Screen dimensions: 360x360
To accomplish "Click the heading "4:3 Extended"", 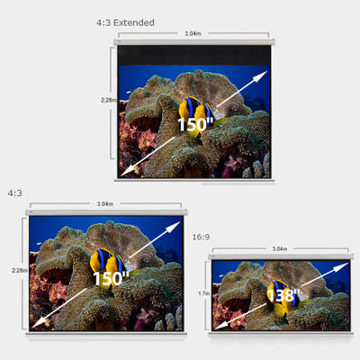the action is pos(125,22).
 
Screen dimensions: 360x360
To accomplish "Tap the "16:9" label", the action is pos(201,237).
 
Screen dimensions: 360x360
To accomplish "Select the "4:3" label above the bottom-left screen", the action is pos(15,193).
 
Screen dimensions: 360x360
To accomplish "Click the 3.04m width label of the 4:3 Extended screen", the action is pos(193,33).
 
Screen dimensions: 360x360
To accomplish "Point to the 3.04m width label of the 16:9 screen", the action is pos(280,248).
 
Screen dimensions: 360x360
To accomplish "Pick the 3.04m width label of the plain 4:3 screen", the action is pos(105,204).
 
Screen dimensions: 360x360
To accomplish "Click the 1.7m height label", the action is pos(203,293).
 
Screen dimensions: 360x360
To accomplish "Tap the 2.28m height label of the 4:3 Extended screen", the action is pos(109,100).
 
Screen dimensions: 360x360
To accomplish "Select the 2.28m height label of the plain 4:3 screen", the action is pos(20,270).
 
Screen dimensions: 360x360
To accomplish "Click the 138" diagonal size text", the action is pos(283,295).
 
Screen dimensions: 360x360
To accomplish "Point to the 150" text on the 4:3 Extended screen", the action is pos(195,124).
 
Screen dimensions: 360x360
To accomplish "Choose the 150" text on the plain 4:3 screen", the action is pos(111,278).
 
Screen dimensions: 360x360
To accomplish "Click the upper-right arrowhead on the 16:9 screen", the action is pos(343,266).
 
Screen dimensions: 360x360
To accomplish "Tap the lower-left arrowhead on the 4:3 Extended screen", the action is pos(127,171).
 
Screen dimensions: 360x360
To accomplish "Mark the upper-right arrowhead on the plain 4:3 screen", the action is pos(174,227).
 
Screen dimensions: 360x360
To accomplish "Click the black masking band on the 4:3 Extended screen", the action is pos(194,56).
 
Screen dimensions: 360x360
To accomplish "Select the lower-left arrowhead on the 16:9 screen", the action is pos(220,325).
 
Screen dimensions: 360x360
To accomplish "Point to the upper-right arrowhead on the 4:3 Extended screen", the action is pos(260,76).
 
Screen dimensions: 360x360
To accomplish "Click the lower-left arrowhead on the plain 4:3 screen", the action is pos(38,323).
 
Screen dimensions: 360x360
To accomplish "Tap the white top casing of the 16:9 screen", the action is pos(281,256).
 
